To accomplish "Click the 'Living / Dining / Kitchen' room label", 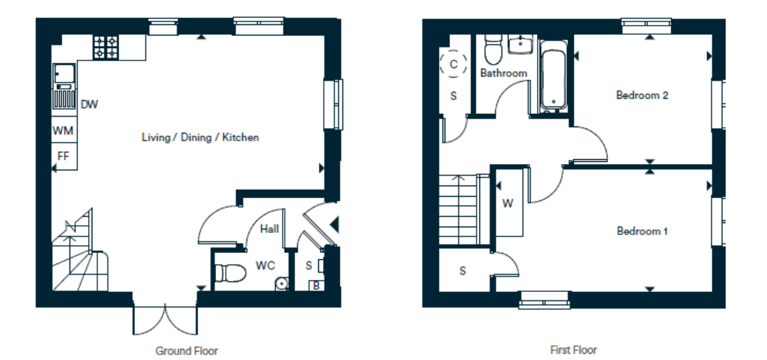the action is (x=200, y=138).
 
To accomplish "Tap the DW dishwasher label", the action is (x=90, y=104).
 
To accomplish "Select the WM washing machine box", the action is (x=64, y=130).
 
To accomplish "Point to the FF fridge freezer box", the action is (x=64, y=156).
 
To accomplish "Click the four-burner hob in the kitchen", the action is (x=106, y=47).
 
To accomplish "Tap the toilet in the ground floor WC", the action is (x=231, y=273).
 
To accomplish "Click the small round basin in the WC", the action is (x=282, y=284).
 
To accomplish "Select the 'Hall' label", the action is (x=270, y=229).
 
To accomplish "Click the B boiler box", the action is (x=316, y=286).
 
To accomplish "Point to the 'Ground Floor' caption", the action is (x=186, y=351).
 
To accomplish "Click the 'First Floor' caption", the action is (x=574, y=350).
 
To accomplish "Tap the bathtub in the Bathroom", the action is (x=554, y=75).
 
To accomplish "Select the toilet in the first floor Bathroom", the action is (x=493, y=50).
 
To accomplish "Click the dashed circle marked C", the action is (x=454, y=63).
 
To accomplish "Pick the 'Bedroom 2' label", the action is (x=642, y=95).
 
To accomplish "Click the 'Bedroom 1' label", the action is (x=642, y=230).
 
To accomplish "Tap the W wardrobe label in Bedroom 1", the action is (x=508, y=204).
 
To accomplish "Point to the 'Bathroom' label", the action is (x=504, y=74).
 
